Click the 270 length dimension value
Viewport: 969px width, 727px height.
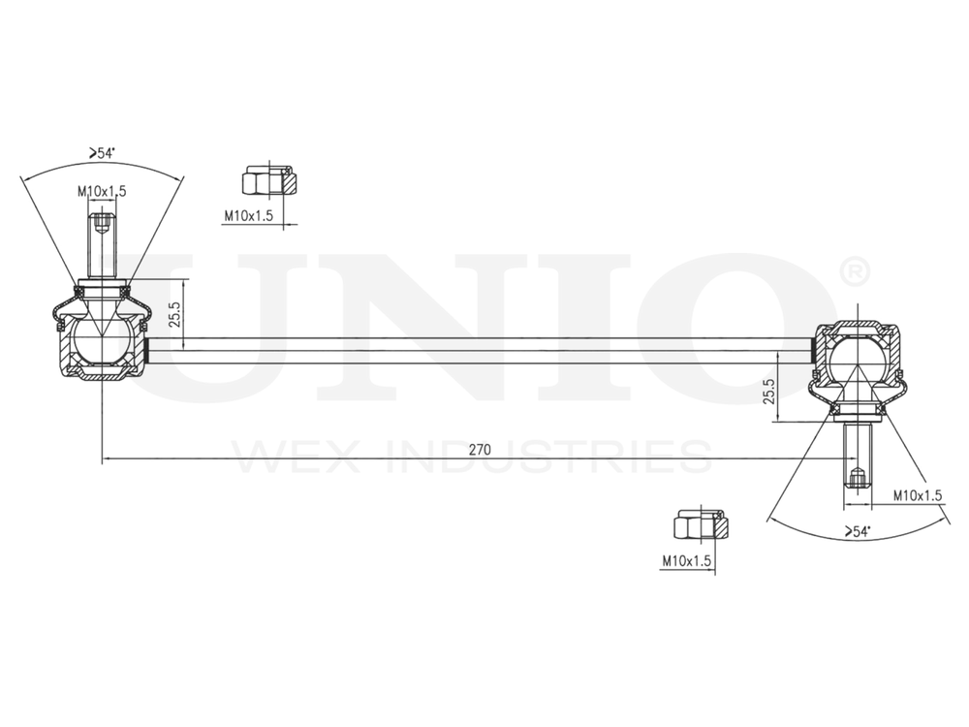tap(479, 450)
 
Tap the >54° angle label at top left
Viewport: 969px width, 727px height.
tap(101, 153)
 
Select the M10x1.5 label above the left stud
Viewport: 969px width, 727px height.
tap(102, 191)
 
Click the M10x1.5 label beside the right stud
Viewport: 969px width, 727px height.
tap(918, 495)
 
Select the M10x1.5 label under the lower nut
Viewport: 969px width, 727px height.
tap(687, 560)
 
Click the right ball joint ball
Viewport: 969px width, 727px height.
tap(856, 359)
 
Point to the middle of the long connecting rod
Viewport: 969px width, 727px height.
tap(479, 350)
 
